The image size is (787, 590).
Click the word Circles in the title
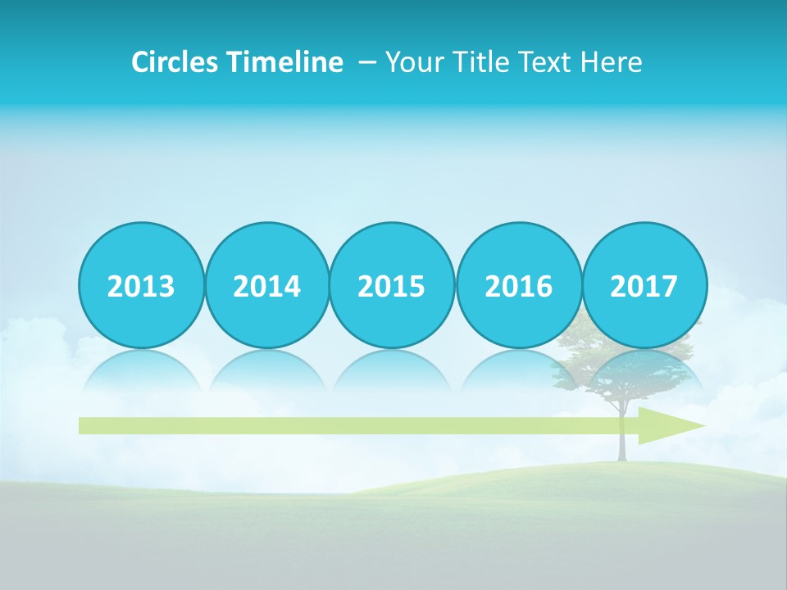point(173,62)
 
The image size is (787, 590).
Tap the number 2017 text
point(644,287)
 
